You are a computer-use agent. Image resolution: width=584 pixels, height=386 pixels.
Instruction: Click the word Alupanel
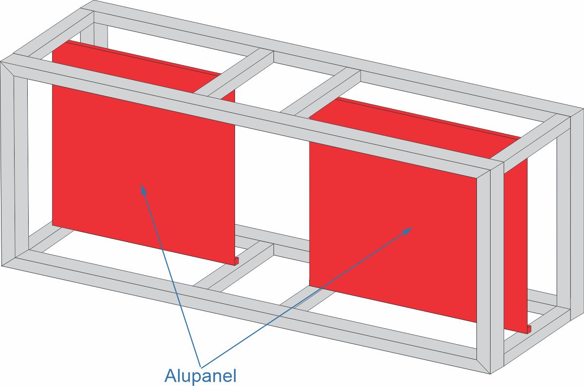[x=201, y=375]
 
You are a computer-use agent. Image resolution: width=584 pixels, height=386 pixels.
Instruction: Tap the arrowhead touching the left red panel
[x=144, y=189]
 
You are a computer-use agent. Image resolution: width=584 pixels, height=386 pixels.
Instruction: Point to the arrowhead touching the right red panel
[x=407, y=230]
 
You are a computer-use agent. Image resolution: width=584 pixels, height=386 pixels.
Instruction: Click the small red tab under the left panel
[x=237, y=261]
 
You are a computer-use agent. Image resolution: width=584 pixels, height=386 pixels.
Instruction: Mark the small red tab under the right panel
[x=529, y=329]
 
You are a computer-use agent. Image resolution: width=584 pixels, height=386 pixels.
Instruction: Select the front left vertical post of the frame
[x=14, y=164]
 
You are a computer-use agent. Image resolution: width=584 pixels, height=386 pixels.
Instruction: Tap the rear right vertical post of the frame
[x=570, y=213]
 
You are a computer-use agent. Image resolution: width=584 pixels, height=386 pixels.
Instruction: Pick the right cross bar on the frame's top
[x=321, y=94]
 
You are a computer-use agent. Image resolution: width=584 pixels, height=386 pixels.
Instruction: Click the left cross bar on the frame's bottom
[x=234, y=265]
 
